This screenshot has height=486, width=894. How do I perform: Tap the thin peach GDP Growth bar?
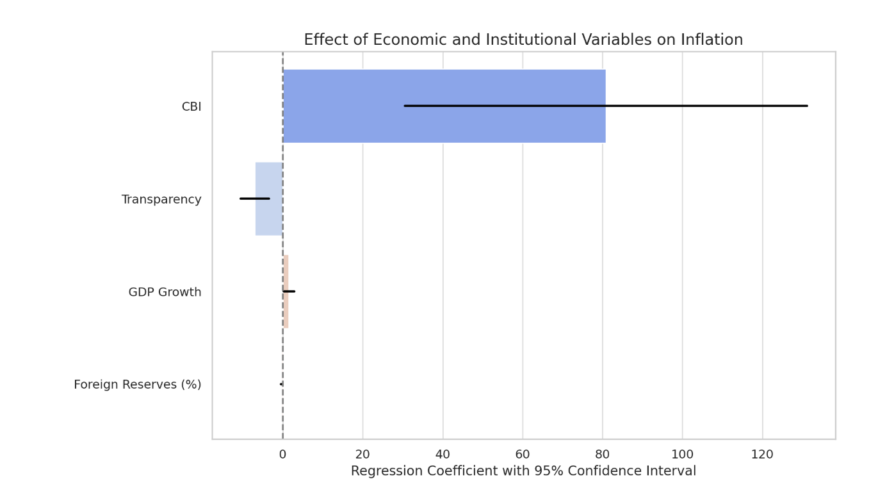(286, 311)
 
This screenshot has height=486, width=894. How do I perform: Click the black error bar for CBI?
(605, 106)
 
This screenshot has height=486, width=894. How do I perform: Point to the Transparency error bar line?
(254, 198)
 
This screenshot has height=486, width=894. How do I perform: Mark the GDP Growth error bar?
(289, 291)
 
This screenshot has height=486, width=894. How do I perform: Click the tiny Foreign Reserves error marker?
(281, 384)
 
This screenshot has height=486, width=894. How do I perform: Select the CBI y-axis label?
(191, 107)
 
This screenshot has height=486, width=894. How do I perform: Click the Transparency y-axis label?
(161, 200)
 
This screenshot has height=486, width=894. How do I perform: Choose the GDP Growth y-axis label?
(165, 293)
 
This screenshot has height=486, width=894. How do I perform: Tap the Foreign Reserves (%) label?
(137, 385)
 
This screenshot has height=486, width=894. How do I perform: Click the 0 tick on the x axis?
(282, 455)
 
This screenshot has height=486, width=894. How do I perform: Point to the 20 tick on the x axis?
(362, 455)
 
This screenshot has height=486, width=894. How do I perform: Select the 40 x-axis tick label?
(443, 455)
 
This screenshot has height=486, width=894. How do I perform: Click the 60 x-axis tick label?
(523, 455)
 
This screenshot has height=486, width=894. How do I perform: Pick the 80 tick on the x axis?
(602, 455)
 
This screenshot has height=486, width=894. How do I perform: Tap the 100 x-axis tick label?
(682, 455)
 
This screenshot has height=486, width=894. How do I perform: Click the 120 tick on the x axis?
(762, 455)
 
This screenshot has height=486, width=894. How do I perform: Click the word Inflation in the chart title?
(711, 40)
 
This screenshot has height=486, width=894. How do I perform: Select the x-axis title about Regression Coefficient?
(523, 471)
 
